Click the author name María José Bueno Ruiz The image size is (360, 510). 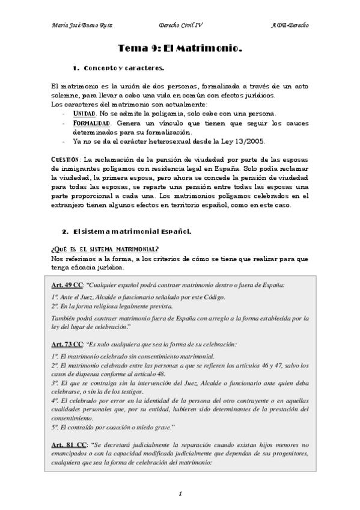click(x=80, y=26)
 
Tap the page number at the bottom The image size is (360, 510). click(x=180, y=494)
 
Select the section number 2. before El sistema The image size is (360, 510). click(x=65, y=232)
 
